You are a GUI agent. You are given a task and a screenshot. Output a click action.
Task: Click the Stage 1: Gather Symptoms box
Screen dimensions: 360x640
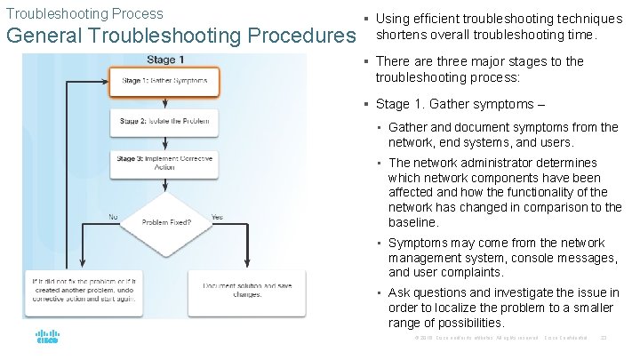164,81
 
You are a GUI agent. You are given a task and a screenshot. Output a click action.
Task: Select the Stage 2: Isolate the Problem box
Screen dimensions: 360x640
164,121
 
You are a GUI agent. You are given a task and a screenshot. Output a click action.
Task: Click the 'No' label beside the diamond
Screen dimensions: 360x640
113,217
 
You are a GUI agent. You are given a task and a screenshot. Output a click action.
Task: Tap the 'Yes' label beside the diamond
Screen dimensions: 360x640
218,217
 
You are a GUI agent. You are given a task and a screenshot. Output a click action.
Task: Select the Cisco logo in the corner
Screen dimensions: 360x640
47,338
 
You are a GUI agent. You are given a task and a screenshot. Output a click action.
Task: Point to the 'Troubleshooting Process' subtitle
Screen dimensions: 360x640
85,13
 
